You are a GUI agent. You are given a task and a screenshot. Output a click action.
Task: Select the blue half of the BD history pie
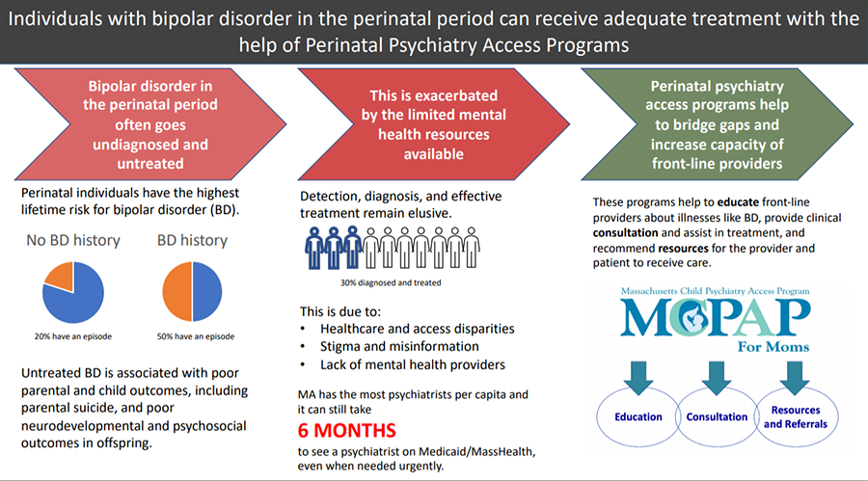click(x=207, y=292)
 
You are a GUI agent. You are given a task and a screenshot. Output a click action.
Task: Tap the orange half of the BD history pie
click(x=177, y=292)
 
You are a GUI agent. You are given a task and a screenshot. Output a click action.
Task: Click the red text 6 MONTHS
click(x=346, y=431)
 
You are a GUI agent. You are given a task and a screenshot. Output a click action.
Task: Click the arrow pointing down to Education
click(x=638, y=378)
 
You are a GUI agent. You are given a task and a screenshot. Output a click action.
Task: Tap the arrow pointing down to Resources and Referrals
click(x=795, y=378)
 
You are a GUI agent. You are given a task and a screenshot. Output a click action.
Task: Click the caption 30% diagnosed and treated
click(x=391, y=282)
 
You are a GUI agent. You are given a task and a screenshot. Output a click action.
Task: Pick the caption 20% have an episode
click(x=73, y=336)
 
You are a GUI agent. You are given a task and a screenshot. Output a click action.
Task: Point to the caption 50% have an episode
click(x=196, y=336)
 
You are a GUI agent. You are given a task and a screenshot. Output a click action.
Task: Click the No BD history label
click(x=73, y=240)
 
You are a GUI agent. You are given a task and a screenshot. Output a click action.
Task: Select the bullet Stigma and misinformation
click(x=399, y=346)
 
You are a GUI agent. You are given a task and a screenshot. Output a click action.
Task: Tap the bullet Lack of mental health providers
click(x=413, y=364)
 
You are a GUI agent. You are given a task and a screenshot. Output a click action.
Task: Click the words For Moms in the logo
click(x=773, y=347)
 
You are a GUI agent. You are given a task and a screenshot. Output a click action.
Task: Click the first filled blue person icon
click(x=314, y=248)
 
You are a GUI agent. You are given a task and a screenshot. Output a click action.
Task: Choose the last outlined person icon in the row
click(x=471, y=248)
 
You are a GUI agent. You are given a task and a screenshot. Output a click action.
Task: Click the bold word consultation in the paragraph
click(x=626, y=233)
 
